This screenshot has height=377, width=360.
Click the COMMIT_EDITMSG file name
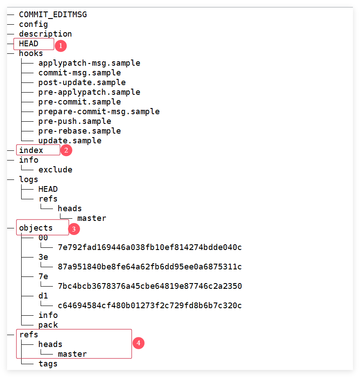click(x=52, y=15)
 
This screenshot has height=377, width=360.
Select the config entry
click(x=33, y=24)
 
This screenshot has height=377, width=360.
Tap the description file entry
click(x=45, y=34)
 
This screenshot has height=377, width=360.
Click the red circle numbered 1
click(x=60, y=45)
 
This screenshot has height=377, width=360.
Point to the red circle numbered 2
click(x=66, y=150)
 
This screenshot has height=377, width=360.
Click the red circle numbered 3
click(x=74, y=229)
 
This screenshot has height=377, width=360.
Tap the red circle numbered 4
click(x=139, y=343)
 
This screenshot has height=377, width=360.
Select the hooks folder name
click(x=31, y=53)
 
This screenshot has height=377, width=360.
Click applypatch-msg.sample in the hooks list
click(x=89, y=63)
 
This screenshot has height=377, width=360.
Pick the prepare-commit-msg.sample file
click(x=99, y=112)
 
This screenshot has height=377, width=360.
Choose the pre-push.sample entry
click(x=75, y=121)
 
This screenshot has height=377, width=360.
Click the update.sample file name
click(x=70, y=141)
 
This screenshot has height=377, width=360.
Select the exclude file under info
click(x=55, y=170)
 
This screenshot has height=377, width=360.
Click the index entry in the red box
click(x=31, y=150)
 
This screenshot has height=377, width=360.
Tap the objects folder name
click(x=36, y=228)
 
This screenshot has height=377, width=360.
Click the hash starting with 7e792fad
click(x=150, y=247)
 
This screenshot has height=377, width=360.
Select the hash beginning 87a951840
click(x=150, y=267)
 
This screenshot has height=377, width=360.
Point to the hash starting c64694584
click(x=150, y=306)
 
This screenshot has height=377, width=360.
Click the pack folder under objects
click(x=48, y=325)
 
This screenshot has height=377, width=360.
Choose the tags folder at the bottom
click(x=48, y=364)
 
